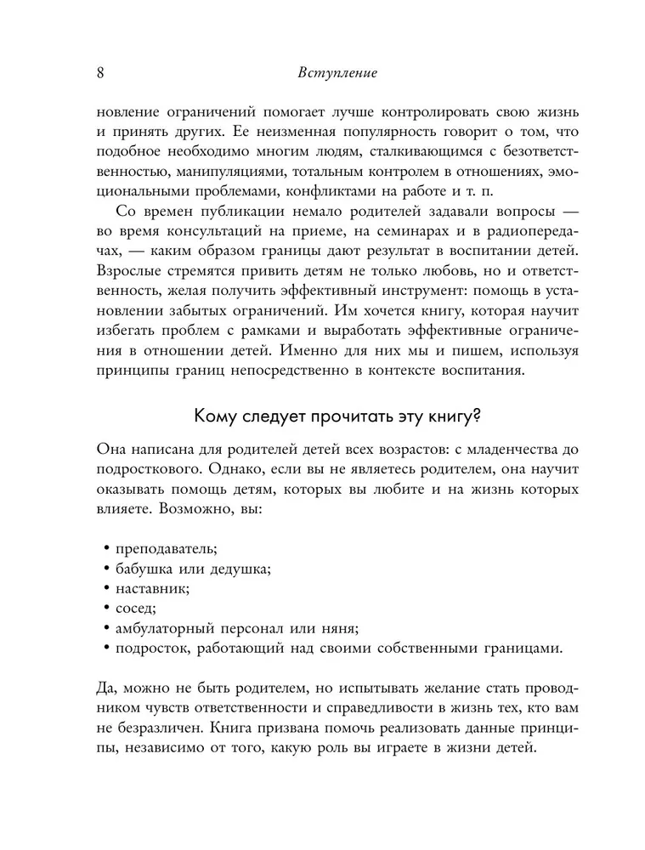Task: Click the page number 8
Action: coord(99,73)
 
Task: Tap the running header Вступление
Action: coord(337,73)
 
